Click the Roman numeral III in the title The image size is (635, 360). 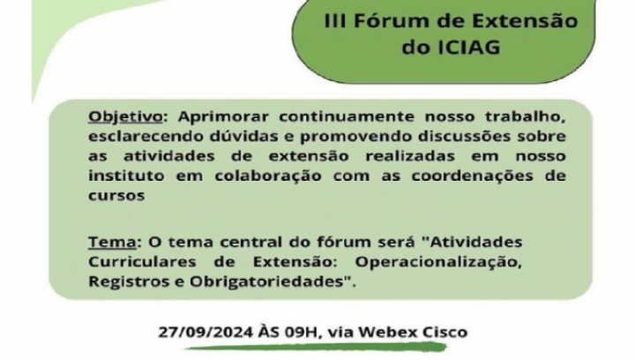(x=335, y=21)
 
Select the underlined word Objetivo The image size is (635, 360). (x=125, y=117)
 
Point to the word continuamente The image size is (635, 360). (x=347, y=116)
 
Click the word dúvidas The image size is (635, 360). (x=243, y=136)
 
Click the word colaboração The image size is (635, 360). (x=268, y=176)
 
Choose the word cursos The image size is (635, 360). (x=116, y=196)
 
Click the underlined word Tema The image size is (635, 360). (x=113, y=242)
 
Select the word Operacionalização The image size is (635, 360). (x=438, y=262)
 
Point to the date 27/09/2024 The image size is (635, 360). (x=205, y=333)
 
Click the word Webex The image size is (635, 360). (x=388, y=333)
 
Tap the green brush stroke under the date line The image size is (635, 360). (x=316, y=347)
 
